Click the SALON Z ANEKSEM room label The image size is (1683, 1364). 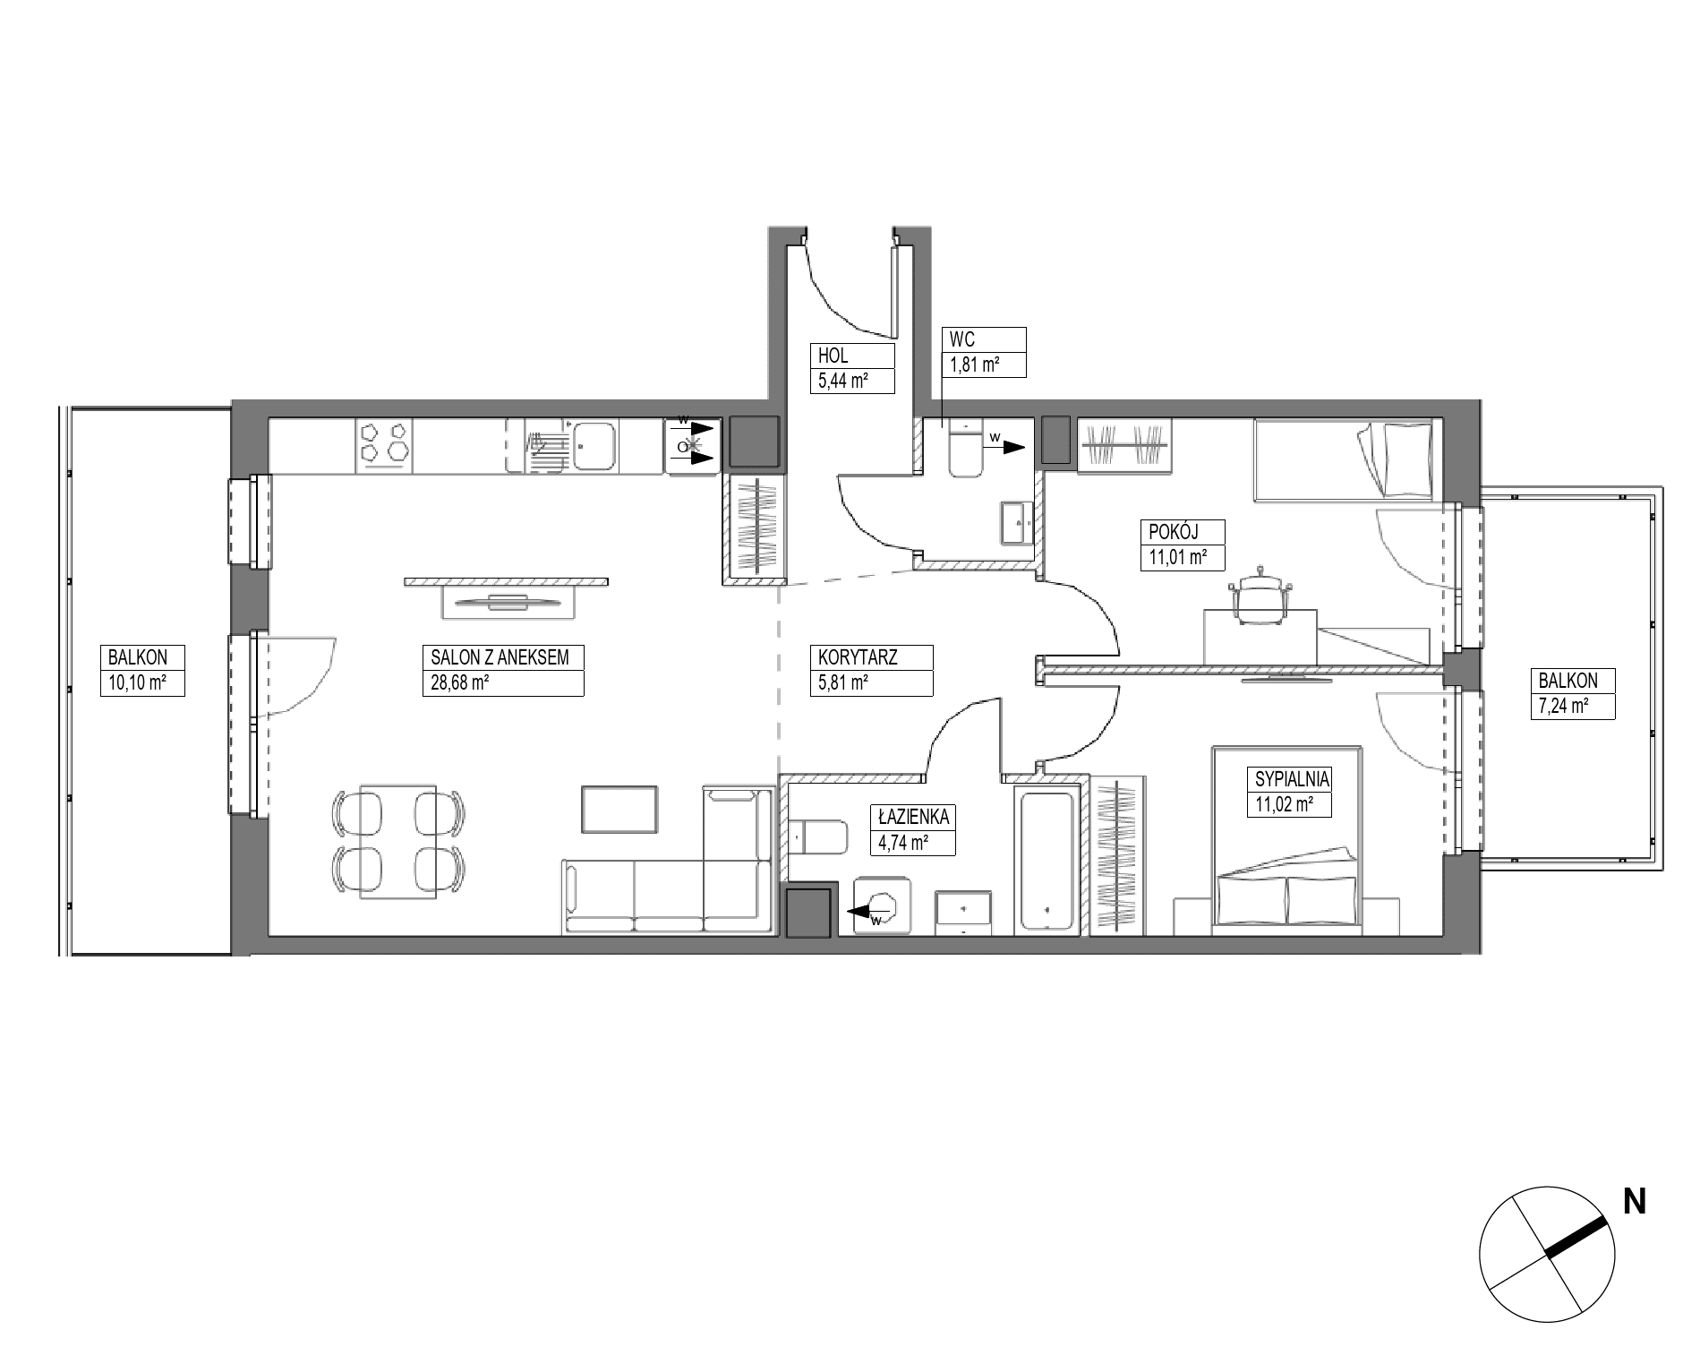500,657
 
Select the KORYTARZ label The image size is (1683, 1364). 858,657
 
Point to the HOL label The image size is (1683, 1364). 833,356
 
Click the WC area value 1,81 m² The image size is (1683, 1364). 974,365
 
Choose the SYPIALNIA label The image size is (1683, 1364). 1293,778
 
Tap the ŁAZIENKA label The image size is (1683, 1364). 912,816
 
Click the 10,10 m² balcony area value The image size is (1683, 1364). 133,683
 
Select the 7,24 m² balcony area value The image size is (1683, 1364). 1563,706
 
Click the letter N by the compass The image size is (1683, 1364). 1635,1202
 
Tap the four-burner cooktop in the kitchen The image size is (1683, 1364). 385,446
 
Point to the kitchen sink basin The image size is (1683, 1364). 594,446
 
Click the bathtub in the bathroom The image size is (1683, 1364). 1047,861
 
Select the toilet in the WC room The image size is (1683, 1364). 965,448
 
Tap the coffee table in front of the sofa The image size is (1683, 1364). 620,809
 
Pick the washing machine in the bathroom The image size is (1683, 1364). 883,905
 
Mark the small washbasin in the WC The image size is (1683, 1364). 1016,522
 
